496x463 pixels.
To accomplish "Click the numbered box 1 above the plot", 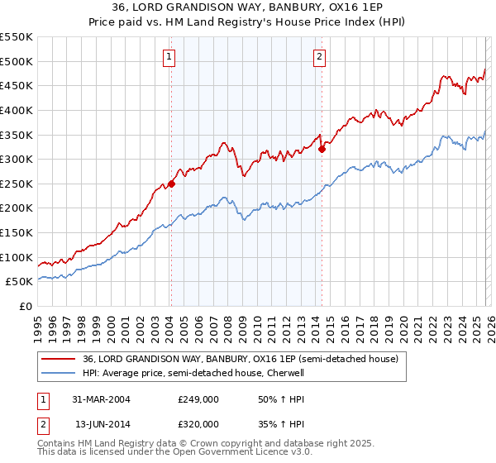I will [x=169, y=57].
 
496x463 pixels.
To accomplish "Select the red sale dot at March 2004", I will [x=171, y=184].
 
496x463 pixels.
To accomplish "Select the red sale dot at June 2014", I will [x=322, y=150].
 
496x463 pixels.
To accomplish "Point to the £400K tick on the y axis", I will [x=18, y=110].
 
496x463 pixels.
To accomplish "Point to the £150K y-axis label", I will [x=18, y=233].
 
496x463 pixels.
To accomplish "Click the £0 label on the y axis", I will [x=26, y=307].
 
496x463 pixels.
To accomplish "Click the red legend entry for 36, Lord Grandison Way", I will [x=241, y=359].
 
